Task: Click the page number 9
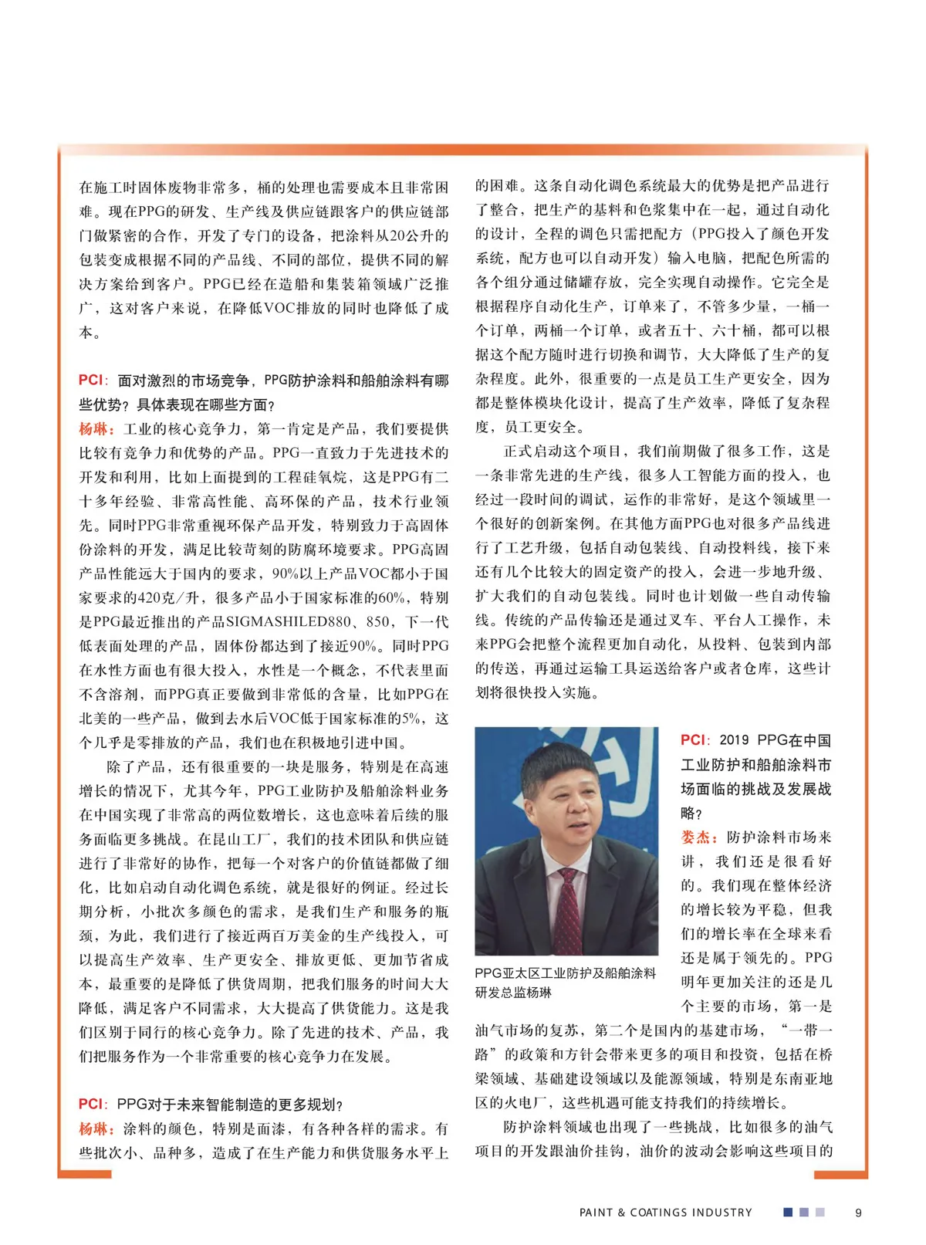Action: point(858,1213)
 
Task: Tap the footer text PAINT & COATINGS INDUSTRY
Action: point(665,1213)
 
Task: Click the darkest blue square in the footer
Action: point(788,1212)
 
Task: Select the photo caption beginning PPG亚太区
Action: point(565,983)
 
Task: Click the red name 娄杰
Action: point(699,837)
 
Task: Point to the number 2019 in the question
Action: point(734,740)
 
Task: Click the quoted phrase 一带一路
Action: point(809,1030)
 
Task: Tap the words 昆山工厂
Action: point(234,839)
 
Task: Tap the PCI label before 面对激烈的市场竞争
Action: point(90,380)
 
